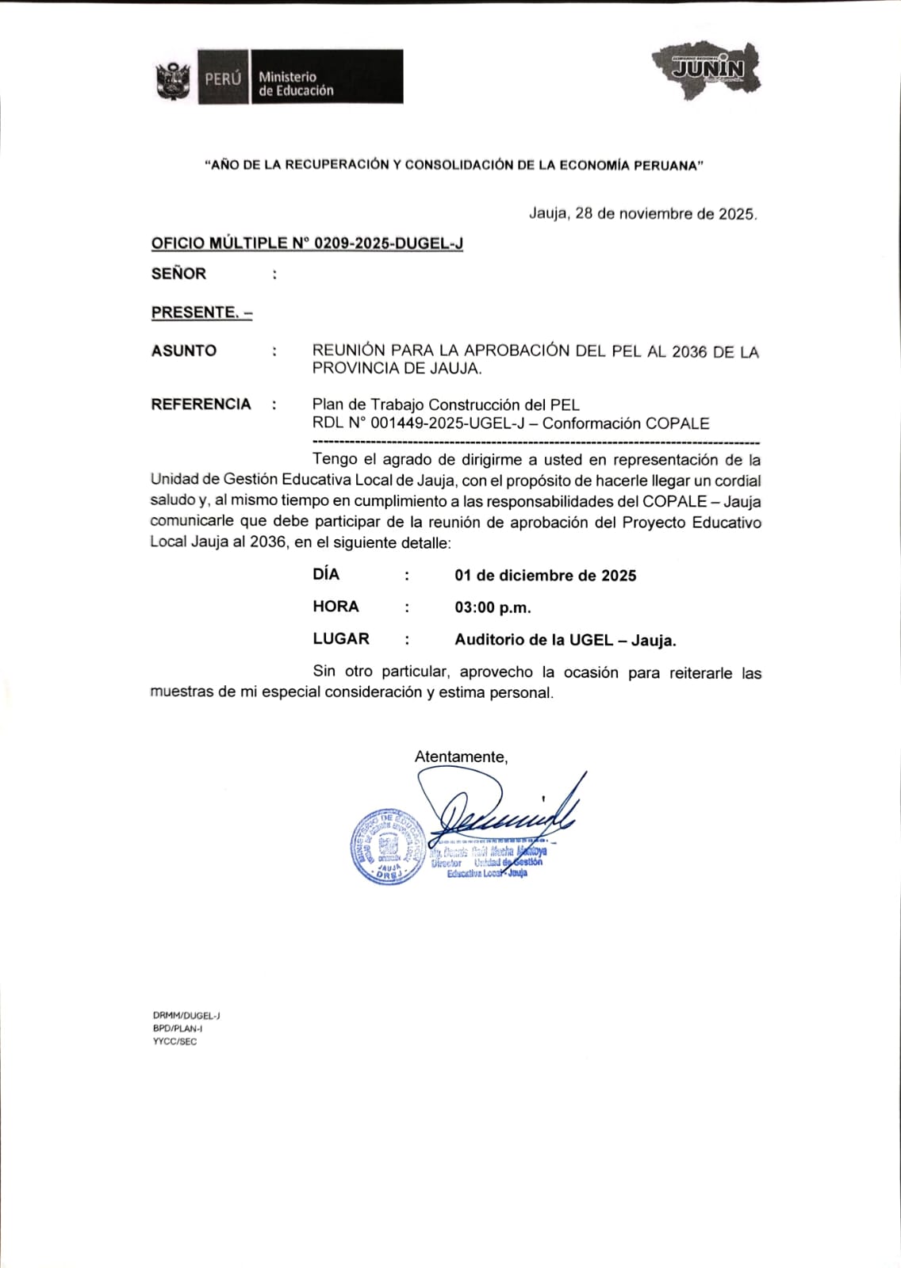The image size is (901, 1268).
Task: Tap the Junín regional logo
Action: click(x=707, y=70)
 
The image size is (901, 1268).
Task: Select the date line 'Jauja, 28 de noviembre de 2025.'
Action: click(x=642, y=214)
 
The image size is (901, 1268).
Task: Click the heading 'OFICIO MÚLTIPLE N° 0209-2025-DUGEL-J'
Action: click(x=307, y=243)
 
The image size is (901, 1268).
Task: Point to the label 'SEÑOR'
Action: click(x=178, y=274)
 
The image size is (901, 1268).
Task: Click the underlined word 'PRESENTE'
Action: click(x=195, y=312)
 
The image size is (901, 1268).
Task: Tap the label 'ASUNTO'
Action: click(x=184, y=351)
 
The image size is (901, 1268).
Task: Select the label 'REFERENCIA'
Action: click(x=201, y=404)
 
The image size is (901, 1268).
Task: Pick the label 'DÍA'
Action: click(x=326, y=574)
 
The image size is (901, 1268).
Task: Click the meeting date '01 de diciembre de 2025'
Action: click(x=545, y=576)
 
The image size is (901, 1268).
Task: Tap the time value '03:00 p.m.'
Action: click(x=493, y=608)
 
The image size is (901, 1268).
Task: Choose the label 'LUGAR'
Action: click(x=341, y=639)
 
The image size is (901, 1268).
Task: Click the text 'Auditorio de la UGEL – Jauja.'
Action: click(x=565, y=641)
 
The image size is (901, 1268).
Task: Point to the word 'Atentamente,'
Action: click(x=461, y=757)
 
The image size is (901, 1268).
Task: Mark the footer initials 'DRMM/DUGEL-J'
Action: click(x=186, y=1015)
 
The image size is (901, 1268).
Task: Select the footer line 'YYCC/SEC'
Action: click(x=174, y=1041)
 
